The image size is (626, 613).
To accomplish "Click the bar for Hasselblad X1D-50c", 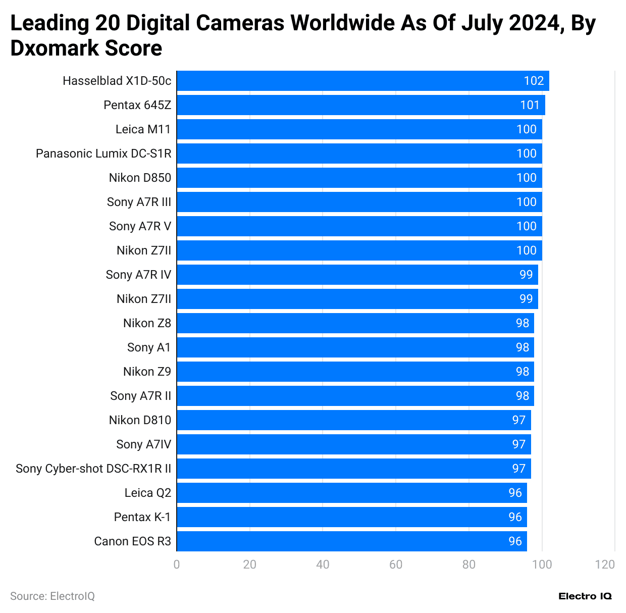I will click(x=362, y=81).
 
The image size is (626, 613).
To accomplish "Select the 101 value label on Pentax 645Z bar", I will click(x=530, y=105).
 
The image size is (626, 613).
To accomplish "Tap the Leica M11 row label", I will click(x=143, y=129).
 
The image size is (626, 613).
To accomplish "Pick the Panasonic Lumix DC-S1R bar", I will click(x=359, y=154).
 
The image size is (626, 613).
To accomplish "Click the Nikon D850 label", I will click(x=140, y=178).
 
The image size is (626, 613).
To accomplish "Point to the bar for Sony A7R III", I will click(x=359, y=202).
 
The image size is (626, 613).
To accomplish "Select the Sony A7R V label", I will click(x=140, y=226).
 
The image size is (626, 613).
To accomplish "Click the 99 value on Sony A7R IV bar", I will click(x=526, y=275).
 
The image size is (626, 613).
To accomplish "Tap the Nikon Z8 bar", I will click(x=355, y=323).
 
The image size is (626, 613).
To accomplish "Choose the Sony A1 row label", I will click(x=149, y=347).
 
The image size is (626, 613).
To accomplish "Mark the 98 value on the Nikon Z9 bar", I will click(x=523, y=372).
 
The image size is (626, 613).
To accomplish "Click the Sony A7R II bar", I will click(x=355, y=396).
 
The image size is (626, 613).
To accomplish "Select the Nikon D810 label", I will click(x=140, y=420).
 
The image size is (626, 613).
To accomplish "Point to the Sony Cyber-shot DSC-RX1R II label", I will click(x=93, y=469).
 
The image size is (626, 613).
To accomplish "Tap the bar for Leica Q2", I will click(x=351, y=493).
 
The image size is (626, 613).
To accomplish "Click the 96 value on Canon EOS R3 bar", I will click(x=515, y=541).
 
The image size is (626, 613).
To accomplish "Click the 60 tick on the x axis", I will click(x=396, y=565).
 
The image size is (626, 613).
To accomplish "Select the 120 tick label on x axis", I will click(x=605, y=565).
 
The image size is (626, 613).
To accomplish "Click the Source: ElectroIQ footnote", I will click(x=53, y=596).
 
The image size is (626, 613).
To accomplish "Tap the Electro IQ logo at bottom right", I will click(x=585, y=596).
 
